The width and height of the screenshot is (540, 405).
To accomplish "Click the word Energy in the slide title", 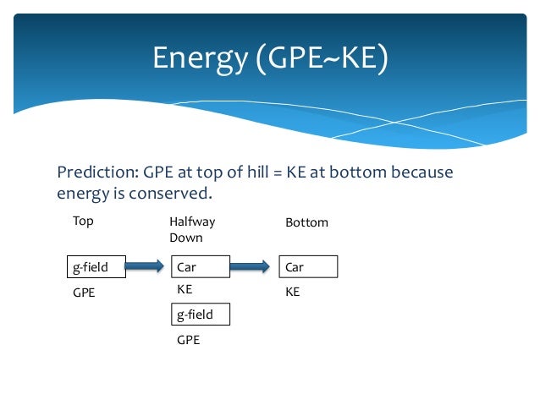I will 196,57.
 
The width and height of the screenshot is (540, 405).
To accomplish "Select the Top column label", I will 83,222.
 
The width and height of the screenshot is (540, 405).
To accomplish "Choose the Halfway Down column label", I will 192,229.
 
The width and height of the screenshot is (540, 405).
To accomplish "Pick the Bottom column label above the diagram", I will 306,222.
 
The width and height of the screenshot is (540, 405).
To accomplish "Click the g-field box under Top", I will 96,267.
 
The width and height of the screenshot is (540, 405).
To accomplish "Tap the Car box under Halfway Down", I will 200,267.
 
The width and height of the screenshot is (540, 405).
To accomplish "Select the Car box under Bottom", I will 308,267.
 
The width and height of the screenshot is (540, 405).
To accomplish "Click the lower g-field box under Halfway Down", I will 200,315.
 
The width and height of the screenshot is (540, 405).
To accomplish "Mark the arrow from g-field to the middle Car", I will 146,267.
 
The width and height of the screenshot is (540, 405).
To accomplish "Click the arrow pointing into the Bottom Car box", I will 254,267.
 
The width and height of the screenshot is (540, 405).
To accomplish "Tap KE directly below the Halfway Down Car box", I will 185,289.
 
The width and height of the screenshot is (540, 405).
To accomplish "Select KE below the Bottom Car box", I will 293,292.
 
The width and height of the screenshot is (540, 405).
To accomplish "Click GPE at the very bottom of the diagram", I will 188,340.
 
